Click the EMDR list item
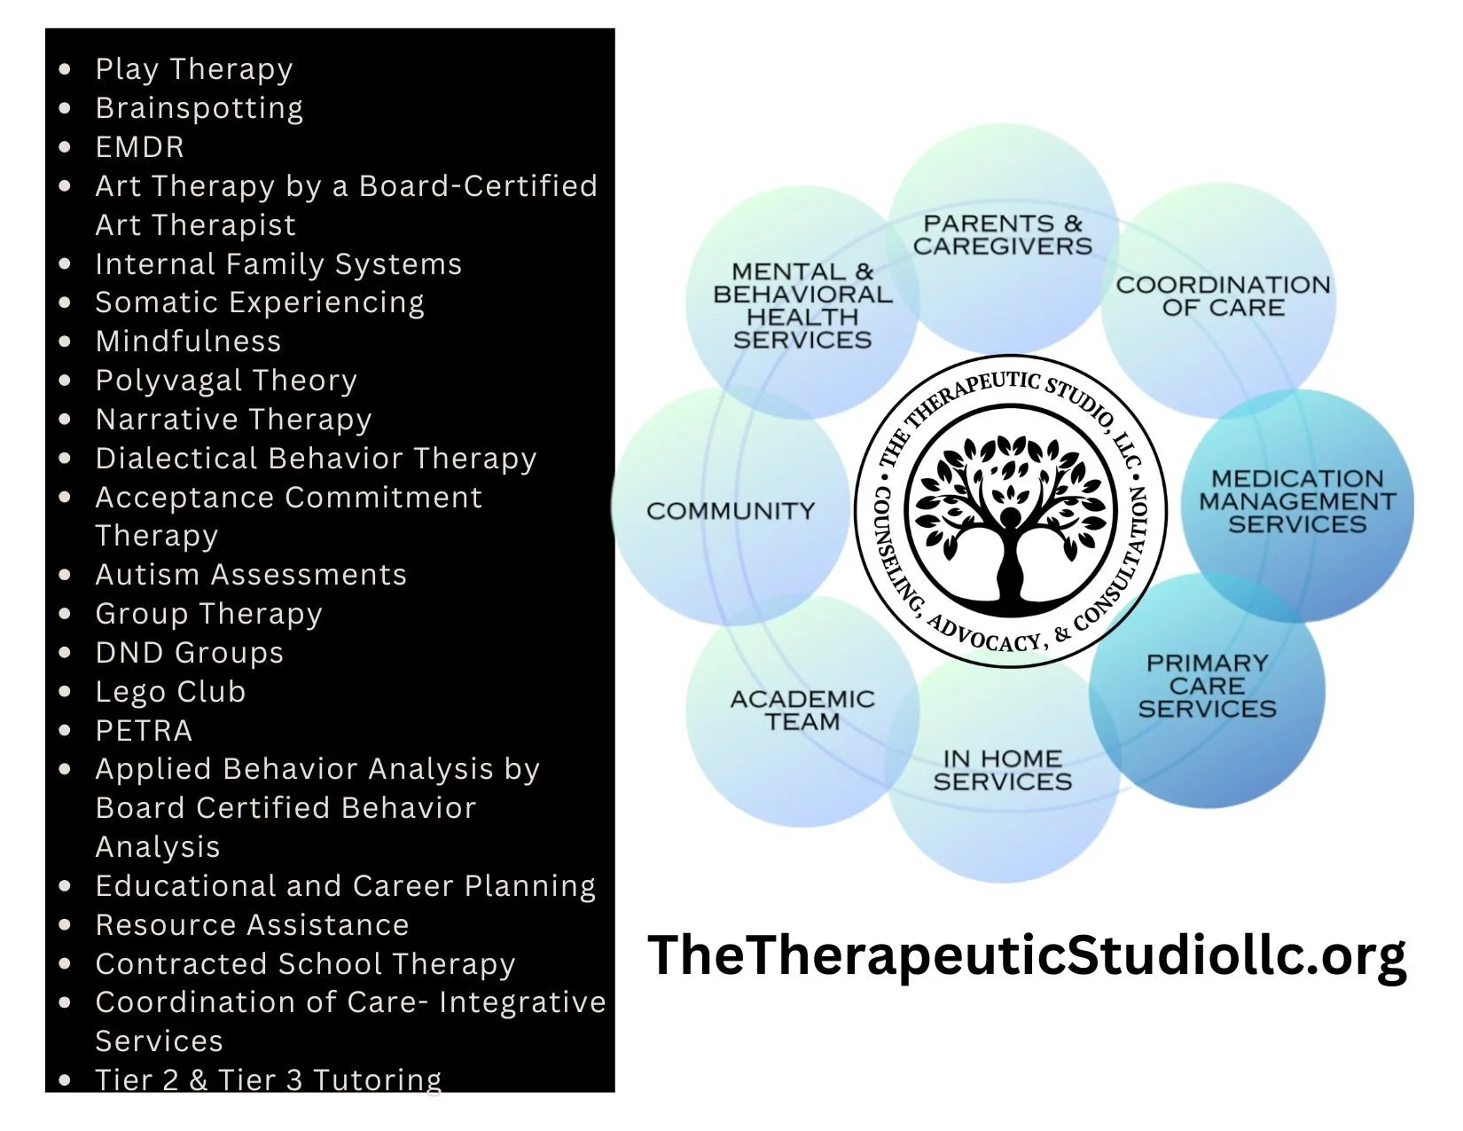tap(139, 147)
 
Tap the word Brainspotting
tap(199, 108)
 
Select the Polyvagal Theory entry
tap(225, 381)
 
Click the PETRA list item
tap(144, 731)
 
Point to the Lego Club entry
tap(170, 692)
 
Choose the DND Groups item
tap(189, 653)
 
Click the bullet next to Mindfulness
tap(65, 342)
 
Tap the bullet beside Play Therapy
tap(65, 69)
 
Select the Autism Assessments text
tap(250, 575)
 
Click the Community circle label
tap(730, 511)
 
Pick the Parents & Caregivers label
tap(1002, 235)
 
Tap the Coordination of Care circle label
tap(1223, 296)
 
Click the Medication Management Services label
tap(1296, 501)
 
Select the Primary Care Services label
tap(1207, 686)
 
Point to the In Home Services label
tap(1002, 770)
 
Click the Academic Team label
tap(802, 711)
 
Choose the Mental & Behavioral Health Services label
tap(802, 305)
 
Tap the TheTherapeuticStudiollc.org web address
tap(1027, 955)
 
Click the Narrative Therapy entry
tap(233, 420)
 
